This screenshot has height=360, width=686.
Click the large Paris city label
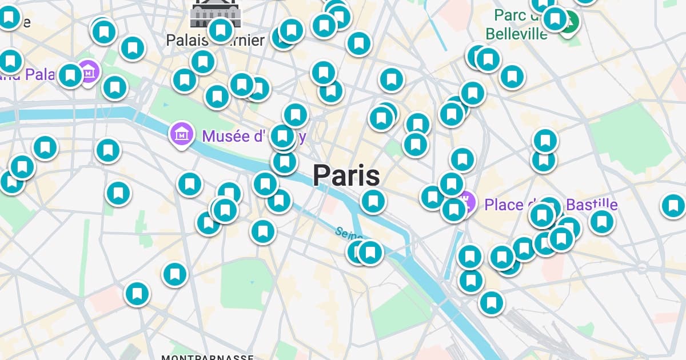click(x=346, y=175)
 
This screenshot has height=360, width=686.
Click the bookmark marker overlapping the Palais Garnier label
click(x=221, y=30)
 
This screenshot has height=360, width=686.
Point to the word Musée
click(x=226, y=137)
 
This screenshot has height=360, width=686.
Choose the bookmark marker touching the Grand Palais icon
click(x=70, y=75)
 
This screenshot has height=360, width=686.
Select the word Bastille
click(x=592, y=204)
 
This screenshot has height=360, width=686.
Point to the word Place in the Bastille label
click(x=504, y=204)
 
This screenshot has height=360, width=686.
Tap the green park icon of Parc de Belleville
click(x=570, y=23)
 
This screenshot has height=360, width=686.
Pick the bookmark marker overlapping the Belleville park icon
click(x=555, y=19)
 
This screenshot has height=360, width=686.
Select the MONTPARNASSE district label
click(x=208, y=357)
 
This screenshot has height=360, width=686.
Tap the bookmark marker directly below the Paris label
click(x=373, y=201)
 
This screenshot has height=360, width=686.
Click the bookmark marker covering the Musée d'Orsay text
click(x=282, y=137)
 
